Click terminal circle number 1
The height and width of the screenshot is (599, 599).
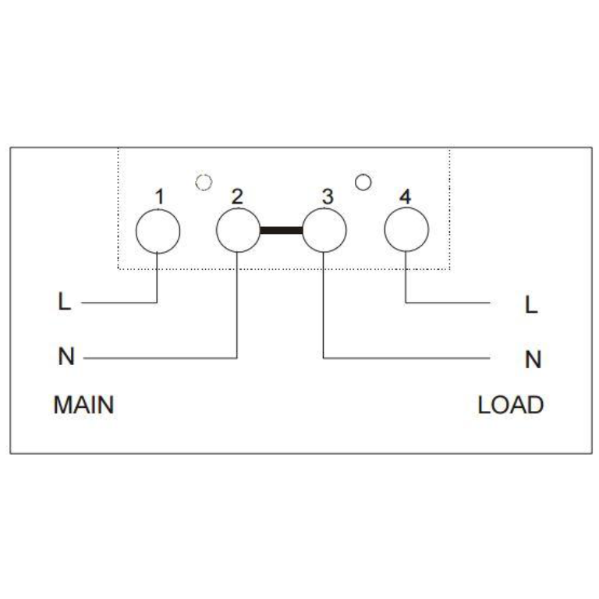click(x=158, y=231)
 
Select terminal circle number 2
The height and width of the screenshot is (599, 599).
click(x=237, y=231)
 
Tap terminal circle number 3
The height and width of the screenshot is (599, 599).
click(x=324, y=231)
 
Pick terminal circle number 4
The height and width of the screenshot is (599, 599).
click(x=406, y=231)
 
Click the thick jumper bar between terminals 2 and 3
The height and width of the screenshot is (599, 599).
click(x=281, y=231)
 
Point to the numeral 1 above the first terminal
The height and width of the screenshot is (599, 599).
click(x=159, y=197)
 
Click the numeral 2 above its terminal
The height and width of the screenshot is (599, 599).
click(x=237, y=197)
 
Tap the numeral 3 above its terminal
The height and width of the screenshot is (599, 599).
click(x=328, y=197)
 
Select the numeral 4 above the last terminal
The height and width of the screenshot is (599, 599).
click(x=404, y=197)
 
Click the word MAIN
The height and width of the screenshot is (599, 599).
click(x=83, y=406)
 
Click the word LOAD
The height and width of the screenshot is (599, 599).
click(x=511, y=406)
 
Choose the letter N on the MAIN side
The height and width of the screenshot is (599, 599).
click(x=66, y=358)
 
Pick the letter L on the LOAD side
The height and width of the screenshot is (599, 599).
click(x=532, y=305)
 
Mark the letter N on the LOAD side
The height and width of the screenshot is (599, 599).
click(x=533, y=360)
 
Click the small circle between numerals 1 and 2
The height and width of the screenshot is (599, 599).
click(x=204, y=182)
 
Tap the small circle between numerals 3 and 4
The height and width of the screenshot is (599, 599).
click(x=362, y=182)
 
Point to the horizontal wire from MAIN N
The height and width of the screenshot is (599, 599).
click(x=156, y=358)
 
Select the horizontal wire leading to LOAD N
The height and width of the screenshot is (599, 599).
click(x=406, y=358)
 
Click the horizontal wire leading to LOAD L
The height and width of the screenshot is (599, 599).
click(x=448, y=302)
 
